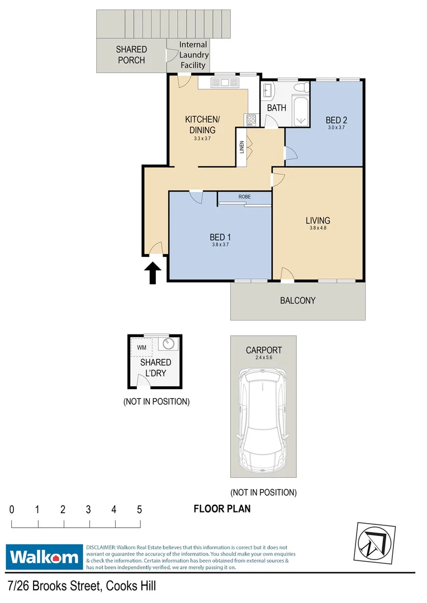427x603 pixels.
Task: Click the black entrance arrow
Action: click(153, 274)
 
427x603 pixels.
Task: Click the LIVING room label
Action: click(317, 220)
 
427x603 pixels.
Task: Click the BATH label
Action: click(277, 108)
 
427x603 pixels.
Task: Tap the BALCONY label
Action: click(298, 300)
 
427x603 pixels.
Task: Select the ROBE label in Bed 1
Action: click(244, 197)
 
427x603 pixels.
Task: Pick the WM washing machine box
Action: click(141, 347)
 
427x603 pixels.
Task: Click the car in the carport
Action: click(263, 419)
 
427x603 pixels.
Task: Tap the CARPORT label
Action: click(264, 350)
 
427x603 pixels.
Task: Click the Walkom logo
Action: click(44, 557)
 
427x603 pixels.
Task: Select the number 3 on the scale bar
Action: click(88, 509)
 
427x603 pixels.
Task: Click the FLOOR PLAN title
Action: click(222, 509)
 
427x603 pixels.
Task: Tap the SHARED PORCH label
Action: click(131, 55)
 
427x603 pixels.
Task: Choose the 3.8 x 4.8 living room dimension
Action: click(317, 228)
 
